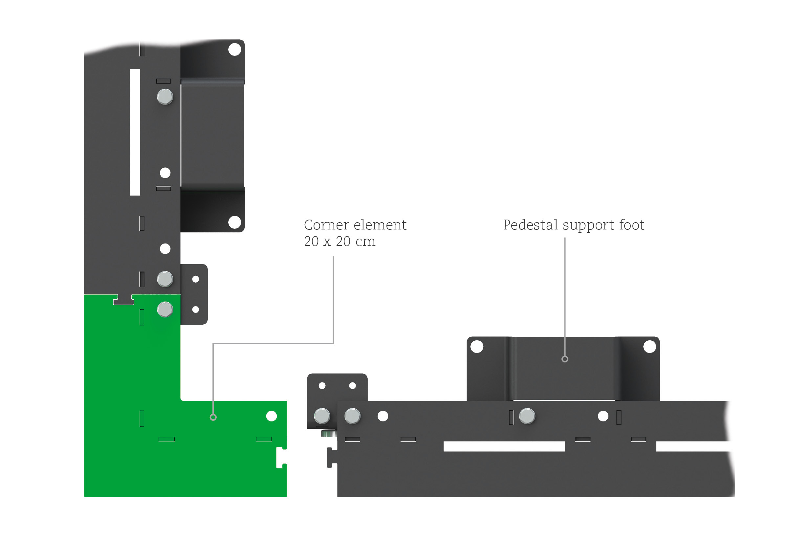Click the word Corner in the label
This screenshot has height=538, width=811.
pyautogui.click(x=326, y=225)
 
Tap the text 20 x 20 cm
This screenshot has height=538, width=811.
pyautogui.click(x=340, y=242)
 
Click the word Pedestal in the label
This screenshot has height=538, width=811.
pyautogui.click(x=530, y=225)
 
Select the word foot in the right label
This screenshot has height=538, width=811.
pyautogui.click(x=631, y=225)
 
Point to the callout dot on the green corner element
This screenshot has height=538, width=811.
pyautogui.click(x=213, y=418)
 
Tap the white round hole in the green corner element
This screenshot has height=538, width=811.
pyautogui.click(x=272, y=416)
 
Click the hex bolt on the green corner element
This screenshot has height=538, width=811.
pyautogui.click(x=165, y=310)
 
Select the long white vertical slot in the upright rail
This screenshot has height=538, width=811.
pyautogui.click(x=135, y=132)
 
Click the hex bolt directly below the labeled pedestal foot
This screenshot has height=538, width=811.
pyautogui.click(x=527, y=416)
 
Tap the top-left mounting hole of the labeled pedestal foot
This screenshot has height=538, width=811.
pyautogui.click(x=477, y=347)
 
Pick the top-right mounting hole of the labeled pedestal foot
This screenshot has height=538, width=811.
pyautogui.click(x=649, y=347)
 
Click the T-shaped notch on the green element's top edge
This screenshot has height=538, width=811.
pyautogui.click(x=123, y=300)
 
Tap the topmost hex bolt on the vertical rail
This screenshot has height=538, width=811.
pyautogui.click(x=165, y=97)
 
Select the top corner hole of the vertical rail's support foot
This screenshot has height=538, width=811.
pyautogui.click(x=235, y=50)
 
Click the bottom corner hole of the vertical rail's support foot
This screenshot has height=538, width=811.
pyautogui.click(x=235, y=222)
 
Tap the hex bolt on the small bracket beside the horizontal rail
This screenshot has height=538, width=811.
pyautogui.click(x=322, y=416)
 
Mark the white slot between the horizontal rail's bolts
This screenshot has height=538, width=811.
pyautogui.click(x=504, y=446)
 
